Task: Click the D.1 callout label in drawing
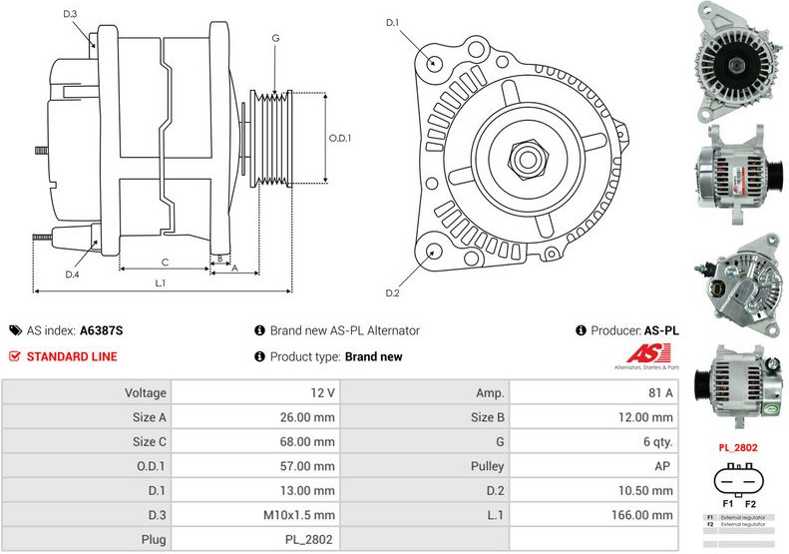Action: point(392,23)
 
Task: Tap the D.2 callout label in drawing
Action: point(392,292)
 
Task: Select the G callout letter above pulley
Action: point(274,38)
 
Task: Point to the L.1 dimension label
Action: point(160,283)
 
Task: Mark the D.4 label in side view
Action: point(72,274)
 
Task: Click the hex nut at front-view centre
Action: point(522,158)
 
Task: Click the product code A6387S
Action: point(102,330)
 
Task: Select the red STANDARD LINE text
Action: point(71,356)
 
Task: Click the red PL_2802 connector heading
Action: point(737,449)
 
